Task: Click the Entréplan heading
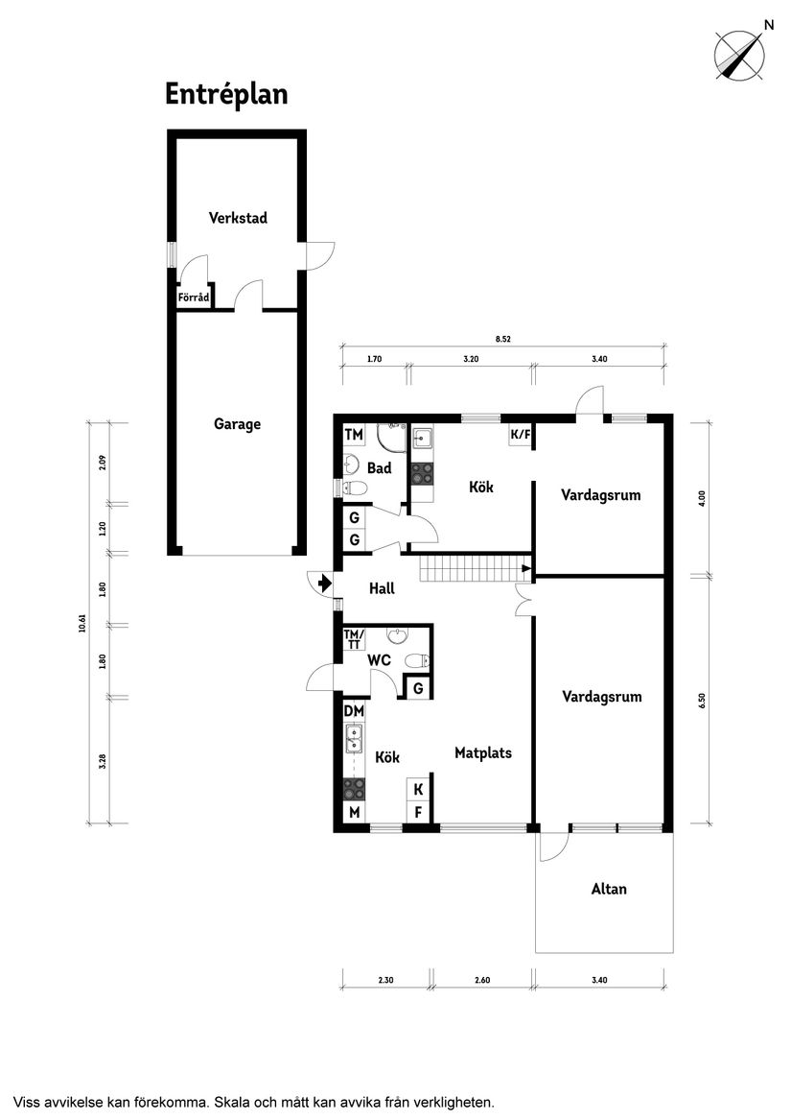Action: [226, 94]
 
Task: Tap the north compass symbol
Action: [739, 54]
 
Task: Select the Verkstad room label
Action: [238, 218]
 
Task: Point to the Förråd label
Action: [194, 298]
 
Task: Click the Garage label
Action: [237, 423]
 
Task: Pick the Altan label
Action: [609, 889]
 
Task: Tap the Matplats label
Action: [482, 752]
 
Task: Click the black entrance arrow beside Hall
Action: [324, 583]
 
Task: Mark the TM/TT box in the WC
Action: [354, 639]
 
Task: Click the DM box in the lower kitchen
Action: [354, 711]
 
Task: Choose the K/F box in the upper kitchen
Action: [520, 436]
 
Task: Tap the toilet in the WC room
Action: [416, 660]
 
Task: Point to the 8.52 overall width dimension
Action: [502, 338]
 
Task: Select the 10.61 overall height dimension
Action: [82, 622]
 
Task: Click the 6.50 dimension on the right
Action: [702, 701]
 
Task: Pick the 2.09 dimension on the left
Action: [102, 461]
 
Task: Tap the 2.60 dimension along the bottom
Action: [482, 980]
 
